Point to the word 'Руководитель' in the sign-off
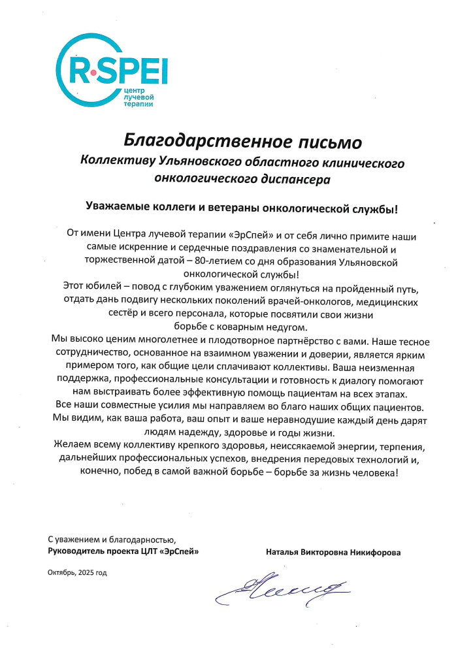coord(77,552)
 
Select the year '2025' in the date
coord(87,572)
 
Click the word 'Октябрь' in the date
coord(61,572)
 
